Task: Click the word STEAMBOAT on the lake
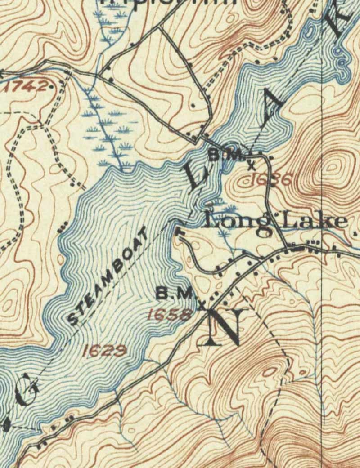108,276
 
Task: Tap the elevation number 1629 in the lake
105,350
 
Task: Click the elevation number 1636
270,179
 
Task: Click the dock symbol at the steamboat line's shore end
177,230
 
